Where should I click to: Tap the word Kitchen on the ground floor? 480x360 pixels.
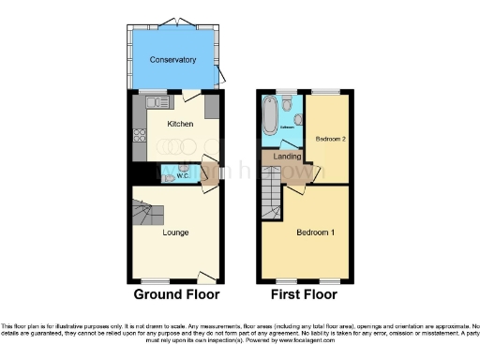tap(180, 124)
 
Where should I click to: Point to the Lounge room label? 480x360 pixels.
tap(175, 232)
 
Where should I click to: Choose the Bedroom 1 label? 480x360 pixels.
tap(315, 232)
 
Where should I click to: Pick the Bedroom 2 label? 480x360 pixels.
tap(329, 139)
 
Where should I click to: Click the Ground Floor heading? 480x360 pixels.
tap(176, 294)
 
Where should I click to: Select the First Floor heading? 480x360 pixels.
tap(304, 294)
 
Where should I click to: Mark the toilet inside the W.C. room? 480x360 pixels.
tap(168, 173)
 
